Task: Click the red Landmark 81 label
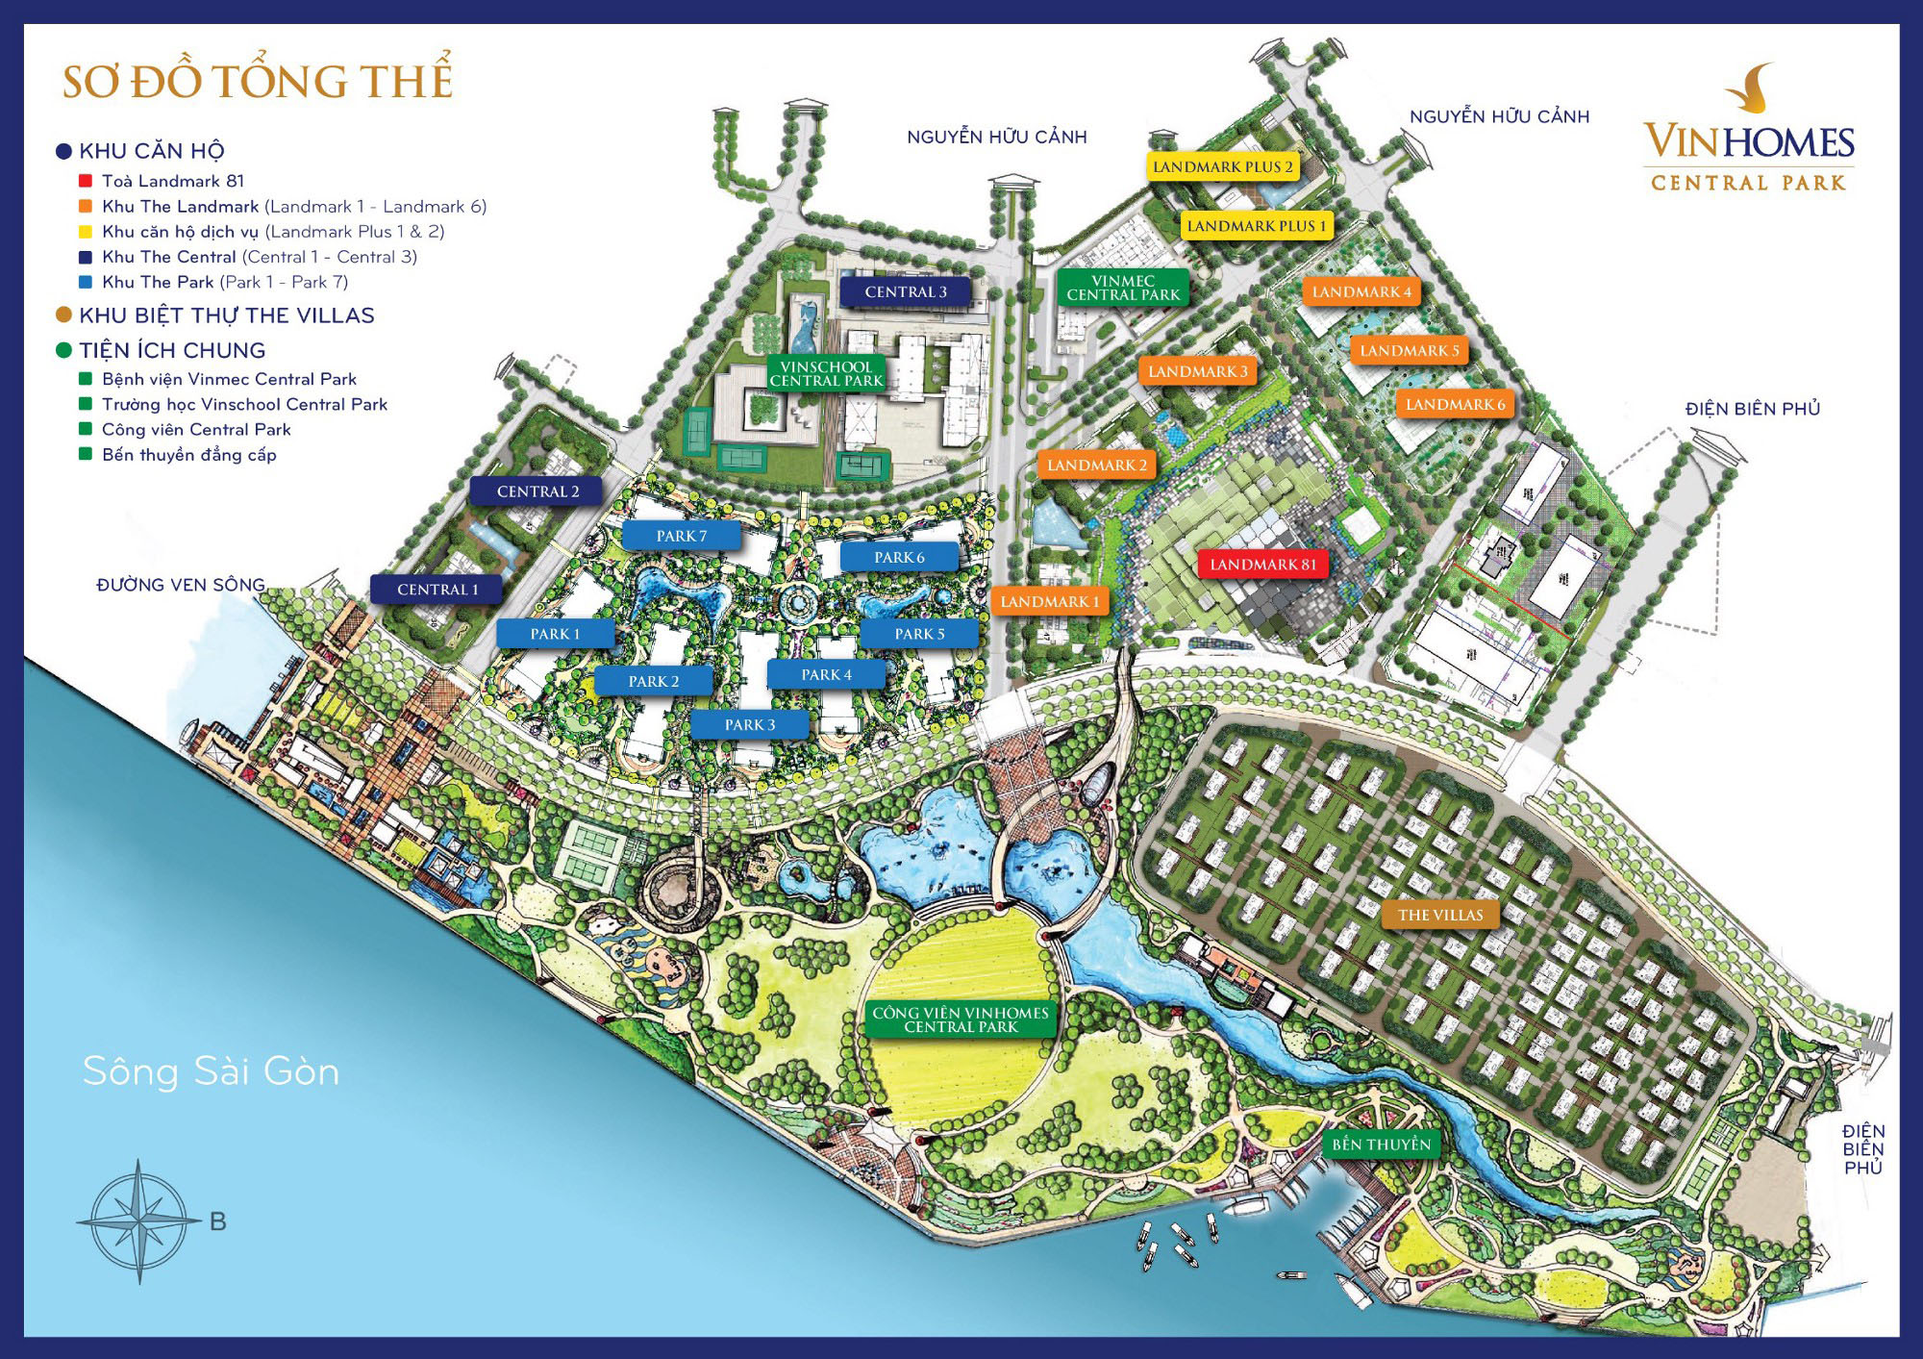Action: [x=1262, y=565]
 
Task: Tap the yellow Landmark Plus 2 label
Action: [x=1222, y=166]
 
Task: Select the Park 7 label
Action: [x=681, y=536]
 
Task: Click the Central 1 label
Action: [x=437, y=590]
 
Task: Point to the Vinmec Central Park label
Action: [x=1122, y=288]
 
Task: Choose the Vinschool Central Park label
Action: [x=826, y=373]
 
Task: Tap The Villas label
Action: [x=1439, y=915]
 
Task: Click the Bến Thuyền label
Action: [x=1381, y=1144]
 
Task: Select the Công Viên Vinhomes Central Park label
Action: [x=960, y=1019]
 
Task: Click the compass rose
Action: [x=139, y=1221]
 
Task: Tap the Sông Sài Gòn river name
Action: [x=211, y=1071]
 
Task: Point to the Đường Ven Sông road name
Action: [x=180, y=585]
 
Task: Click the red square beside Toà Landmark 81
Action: [x=86, y=181]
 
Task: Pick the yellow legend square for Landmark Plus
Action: [x=86, y=232]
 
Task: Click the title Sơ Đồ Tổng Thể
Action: [x=257, y=81]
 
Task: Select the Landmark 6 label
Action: [x=1454, y=404]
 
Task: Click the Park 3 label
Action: [x=749, y=724]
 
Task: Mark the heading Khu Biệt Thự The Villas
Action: [x=226, y=315]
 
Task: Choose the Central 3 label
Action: [x=905, y=291]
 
